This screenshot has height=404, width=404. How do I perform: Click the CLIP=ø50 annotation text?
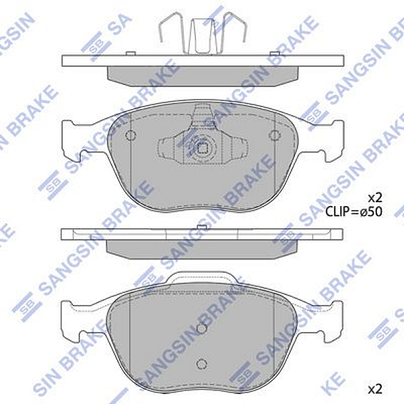coord(353,211)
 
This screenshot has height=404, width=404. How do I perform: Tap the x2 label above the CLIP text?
coord(374,197)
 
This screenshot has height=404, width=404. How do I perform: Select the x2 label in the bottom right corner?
coord(374,389)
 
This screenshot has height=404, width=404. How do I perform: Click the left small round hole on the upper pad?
coord(131,136)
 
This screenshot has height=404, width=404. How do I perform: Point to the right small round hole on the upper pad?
coord(273,136)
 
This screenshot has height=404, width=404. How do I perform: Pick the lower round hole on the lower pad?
coord(200,364)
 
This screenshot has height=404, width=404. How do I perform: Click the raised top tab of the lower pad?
coord(202,278)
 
